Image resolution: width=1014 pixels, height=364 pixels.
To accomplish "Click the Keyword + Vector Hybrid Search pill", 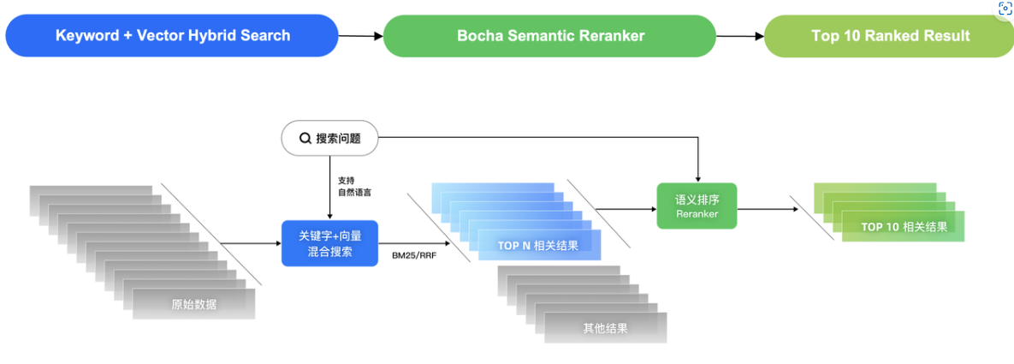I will pyautogui.click(x=172, y=36).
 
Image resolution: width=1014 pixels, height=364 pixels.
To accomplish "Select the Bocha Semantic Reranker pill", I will pyautogui.click(x=549, y=36).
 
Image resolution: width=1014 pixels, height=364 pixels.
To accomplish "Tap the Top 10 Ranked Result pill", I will pyautogui.click(x=890, y=36).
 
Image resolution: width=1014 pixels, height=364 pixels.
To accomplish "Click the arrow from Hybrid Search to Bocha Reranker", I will pyautogui.click(x=360, y=36).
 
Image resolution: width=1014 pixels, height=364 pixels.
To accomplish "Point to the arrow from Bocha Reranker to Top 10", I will pyautogui.click(x=739, y=36).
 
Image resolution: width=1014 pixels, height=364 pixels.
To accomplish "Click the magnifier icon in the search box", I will pyautogui.click(x=305, y=138).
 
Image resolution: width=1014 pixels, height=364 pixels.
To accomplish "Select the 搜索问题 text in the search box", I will pyautogui.click(x=338, y=138).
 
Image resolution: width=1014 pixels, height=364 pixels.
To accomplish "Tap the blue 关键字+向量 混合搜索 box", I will pyautogui.click(x=329, y=243).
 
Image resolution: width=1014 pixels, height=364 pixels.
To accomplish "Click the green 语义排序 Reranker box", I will pyautogui.click(x=697, y=206).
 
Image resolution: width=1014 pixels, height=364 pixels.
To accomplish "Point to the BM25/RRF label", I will pyautogui.click(x=415, y=255).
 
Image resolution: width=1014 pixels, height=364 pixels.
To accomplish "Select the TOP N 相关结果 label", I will pyautogui.click(x=537, y=246).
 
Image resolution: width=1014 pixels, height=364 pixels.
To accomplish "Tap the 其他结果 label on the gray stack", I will pyautogui.click(x=605, y=328).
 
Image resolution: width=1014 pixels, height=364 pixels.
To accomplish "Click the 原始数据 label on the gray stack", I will pyautogui.click(x=193, y=304).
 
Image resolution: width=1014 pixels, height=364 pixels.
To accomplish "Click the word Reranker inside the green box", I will pyautogui.click(x=697, y=214).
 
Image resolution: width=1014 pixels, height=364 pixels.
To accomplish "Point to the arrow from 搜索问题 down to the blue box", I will pyautogui.click(x=329, y=188).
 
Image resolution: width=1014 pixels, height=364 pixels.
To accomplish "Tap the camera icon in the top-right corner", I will pyautogui.click(x=1005, y=9).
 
